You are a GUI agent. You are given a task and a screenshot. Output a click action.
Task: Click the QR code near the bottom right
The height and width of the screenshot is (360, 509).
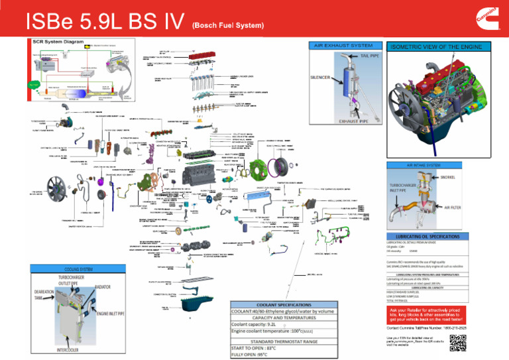[x=459, y=342]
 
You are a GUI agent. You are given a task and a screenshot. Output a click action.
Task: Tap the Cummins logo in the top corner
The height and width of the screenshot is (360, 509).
[x=490, y=19]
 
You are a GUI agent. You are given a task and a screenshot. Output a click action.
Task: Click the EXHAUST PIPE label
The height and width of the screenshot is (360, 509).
[x=351, y=121]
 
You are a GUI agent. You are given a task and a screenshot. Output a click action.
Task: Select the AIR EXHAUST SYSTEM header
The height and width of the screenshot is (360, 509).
[x=343, y=46]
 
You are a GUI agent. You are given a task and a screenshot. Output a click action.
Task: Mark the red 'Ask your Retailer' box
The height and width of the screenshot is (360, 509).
[x=443, y=313]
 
